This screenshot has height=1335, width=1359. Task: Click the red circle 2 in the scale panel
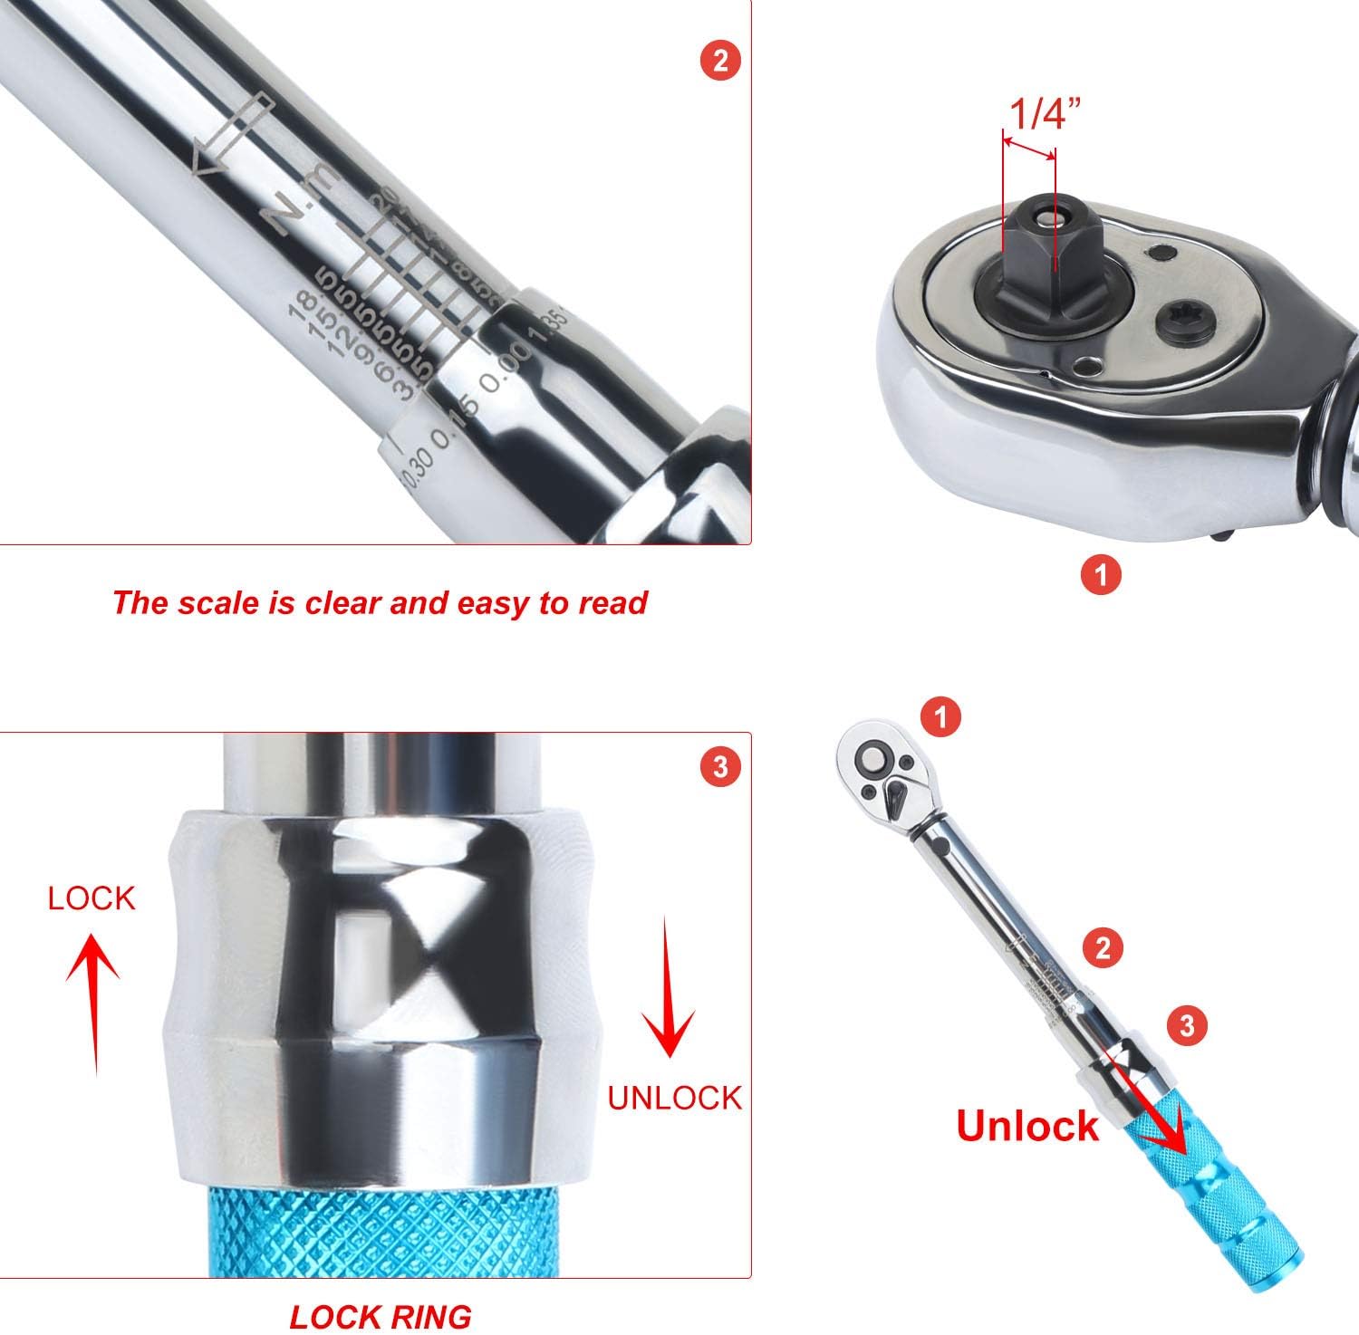coord(719,61)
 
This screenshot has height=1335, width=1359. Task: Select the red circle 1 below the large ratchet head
coord(1101,574)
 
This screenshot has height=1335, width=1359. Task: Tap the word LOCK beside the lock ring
coord(92,898)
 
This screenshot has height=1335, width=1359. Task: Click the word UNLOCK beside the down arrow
coord(674,1097)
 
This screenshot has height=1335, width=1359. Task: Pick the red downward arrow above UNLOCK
coord(669,987)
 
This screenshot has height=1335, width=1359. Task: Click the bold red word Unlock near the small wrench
coord(1027,1126)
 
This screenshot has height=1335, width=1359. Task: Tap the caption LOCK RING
coord(381,1316)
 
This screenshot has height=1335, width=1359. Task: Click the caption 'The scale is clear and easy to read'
coord(380,602)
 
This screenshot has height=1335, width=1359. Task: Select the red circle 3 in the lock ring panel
coord(719,767)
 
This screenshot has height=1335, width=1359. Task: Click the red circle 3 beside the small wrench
coord(1188,1025)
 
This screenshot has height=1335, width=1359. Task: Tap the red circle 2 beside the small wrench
coord(1103,948)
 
